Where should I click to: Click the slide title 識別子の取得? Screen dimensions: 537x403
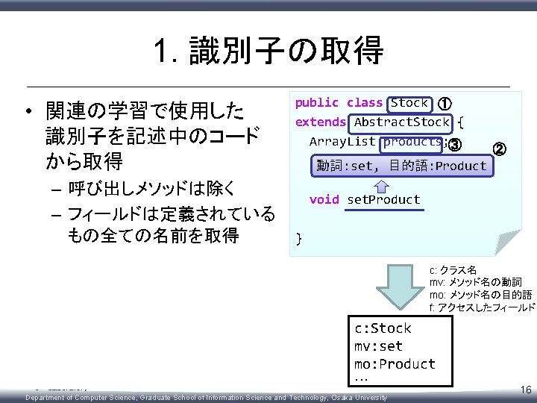pos(268,51)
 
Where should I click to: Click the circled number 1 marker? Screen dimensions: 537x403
pos(444,104)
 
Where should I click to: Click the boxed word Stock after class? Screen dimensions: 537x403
pos(409,103)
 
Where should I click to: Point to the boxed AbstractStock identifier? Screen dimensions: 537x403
pos(402,122)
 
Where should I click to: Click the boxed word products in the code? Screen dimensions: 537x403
pos(412,142)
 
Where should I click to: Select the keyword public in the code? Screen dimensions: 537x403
pos(316,103)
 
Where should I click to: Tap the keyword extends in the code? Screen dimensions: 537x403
pos(321,122)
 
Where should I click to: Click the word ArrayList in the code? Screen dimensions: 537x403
pos(342,142)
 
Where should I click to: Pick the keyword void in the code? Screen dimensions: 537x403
pos(324,200)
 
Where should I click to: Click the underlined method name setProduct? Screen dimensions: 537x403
pos(384,200)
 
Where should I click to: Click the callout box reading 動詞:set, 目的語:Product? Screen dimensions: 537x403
pos(401,166)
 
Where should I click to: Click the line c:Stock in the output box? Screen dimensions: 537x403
pos(383,328)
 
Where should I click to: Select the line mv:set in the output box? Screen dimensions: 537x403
pos(378,346)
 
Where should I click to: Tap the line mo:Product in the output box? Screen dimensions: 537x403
pos(395,364)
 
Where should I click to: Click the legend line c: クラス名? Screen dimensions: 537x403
pos(453,270)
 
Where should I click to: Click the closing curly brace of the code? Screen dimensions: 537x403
pos(299,239)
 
